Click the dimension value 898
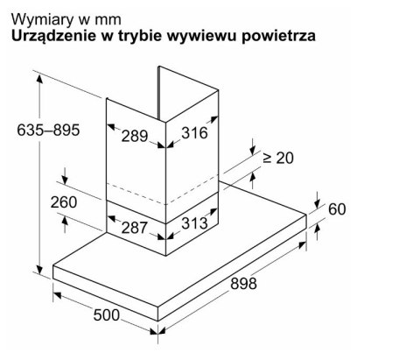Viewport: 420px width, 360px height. point(243,283)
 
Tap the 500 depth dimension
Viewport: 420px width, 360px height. point(107,314)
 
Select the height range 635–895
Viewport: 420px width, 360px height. point(48,130)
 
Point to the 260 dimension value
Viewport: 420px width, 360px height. point(64,202)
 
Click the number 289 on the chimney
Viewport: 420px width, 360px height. point(135,136)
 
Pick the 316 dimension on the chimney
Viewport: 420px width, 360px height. point(194,133)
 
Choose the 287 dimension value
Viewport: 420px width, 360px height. point(134,227)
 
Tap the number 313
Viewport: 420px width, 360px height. point(194,223)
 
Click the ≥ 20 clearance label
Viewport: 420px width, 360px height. point(278,158)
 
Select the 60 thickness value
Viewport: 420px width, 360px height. point(337,209)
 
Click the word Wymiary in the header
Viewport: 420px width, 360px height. point(43,20)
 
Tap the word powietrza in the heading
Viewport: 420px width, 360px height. point(278,36)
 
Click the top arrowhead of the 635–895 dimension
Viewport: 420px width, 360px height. point(39,79)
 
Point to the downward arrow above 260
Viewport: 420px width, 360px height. point(65,176)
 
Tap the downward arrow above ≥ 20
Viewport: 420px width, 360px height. point(253,146)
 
